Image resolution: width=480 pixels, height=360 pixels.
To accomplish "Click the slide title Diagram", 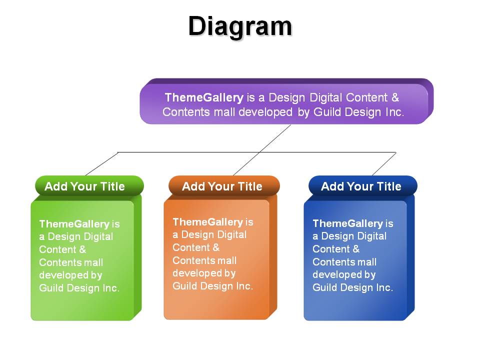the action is coord(240,27).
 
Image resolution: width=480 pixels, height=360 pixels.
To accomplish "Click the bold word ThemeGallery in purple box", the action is coord(204,97).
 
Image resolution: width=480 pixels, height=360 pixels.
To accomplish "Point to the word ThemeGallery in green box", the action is coord(74,224).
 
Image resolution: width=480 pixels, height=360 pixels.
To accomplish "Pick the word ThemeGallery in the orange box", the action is coord(208,222).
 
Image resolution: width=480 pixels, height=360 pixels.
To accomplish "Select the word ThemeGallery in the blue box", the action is coord(348,223).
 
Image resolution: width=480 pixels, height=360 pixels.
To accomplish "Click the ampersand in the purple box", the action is coord(395,97).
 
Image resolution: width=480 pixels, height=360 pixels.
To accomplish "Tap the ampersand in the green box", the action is coord(82,249).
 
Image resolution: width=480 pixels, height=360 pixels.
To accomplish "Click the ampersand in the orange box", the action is coord(216,247).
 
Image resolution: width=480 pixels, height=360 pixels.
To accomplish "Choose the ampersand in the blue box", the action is coord(356,249).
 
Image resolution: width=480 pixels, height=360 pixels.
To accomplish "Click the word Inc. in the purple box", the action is coord(394,112).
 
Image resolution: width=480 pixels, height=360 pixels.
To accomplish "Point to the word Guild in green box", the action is coord(51,288).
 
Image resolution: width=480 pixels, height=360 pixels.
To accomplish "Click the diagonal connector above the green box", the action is coord(101,164).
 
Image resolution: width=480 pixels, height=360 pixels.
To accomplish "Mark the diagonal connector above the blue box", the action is coord(384,164).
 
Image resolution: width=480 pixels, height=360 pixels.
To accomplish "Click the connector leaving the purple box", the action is coord(262,150).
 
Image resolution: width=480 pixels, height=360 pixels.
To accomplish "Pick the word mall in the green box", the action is coord(93,262).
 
